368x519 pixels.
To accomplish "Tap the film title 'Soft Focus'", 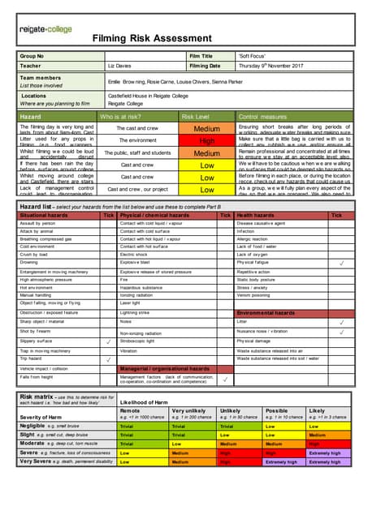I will (x=250, y=56).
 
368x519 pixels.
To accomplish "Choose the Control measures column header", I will (x=265, y=117).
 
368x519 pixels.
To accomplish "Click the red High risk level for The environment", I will (x=207, y=140).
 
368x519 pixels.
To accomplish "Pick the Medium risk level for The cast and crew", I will (x=207, y=128).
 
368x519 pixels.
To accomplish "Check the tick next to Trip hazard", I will (x=109, y=356).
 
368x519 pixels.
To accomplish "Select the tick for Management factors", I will (x=225, y=379).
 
